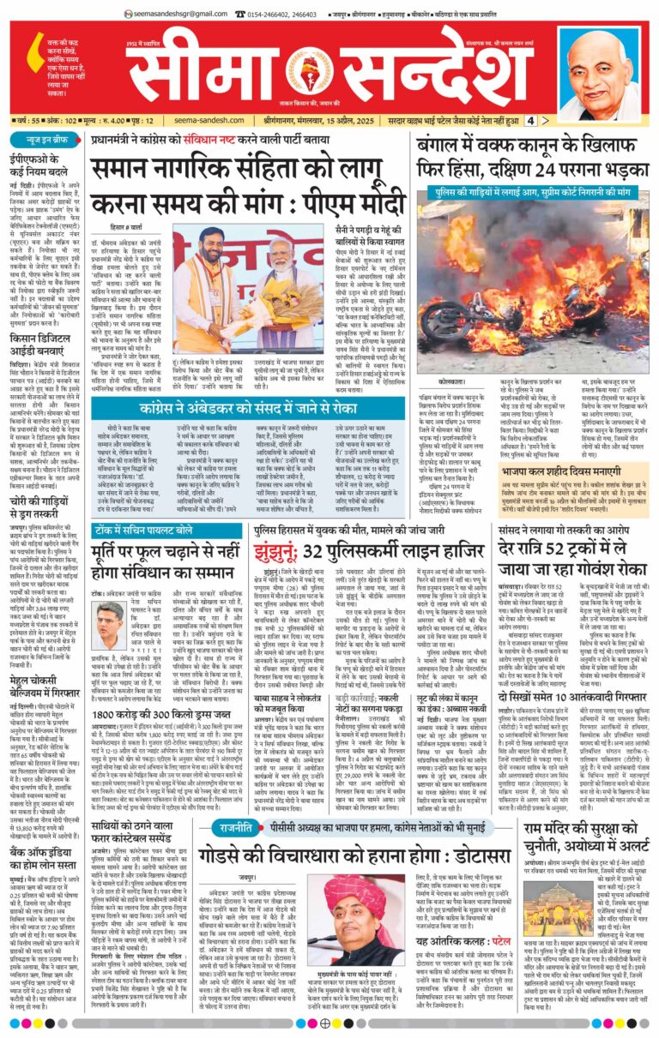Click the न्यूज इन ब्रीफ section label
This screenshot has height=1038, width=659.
click(x=35, y=139)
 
